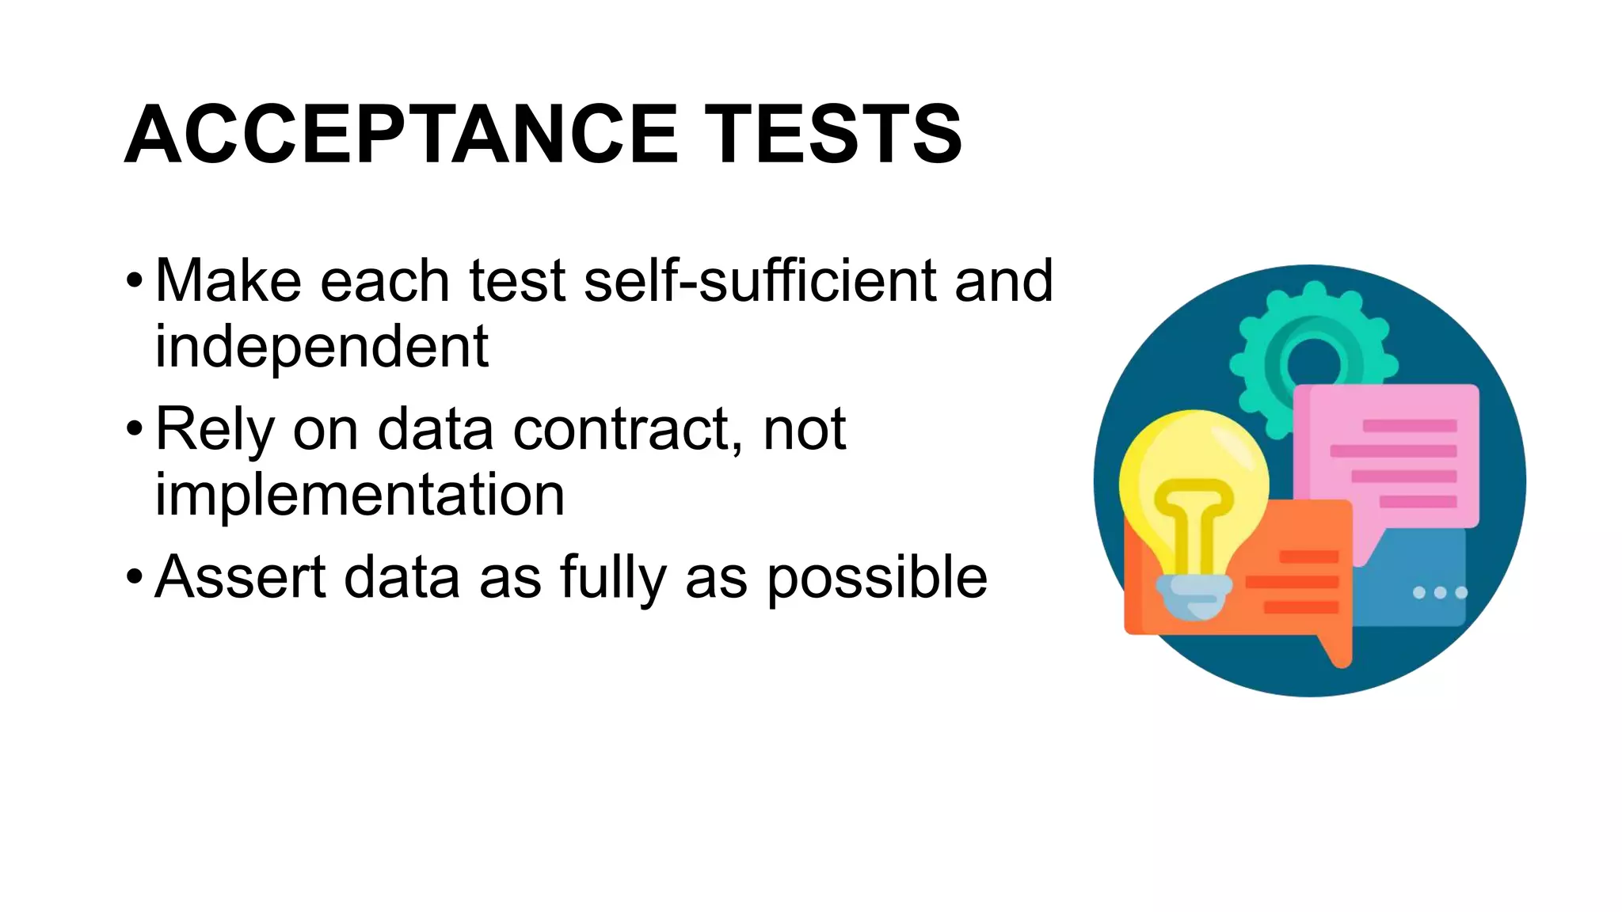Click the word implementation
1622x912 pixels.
pyautogui.click(x=360, y=496)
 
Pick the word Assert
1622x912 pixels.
pyautogui.click(x=240, y=577)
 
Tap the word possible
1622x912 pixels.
pyautogui.click(x=877, y=579)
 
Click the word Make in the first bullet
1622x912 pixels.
pyautogui.click(x=228, y=281)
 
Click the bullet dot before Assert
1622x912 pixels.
pyautogui.click(x=135, y=577)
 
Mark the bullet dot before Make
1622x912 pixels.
pyautogui.click(x=135, y=281)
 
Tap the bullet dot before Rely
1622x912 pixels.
pyautogui.click(x=135, y=429)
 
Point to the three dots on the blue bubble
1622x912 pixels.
pyautogui.click(x=1440, y=592)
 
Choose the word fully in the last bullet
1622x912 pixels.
pyautogui.click(x=613, y=579)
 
